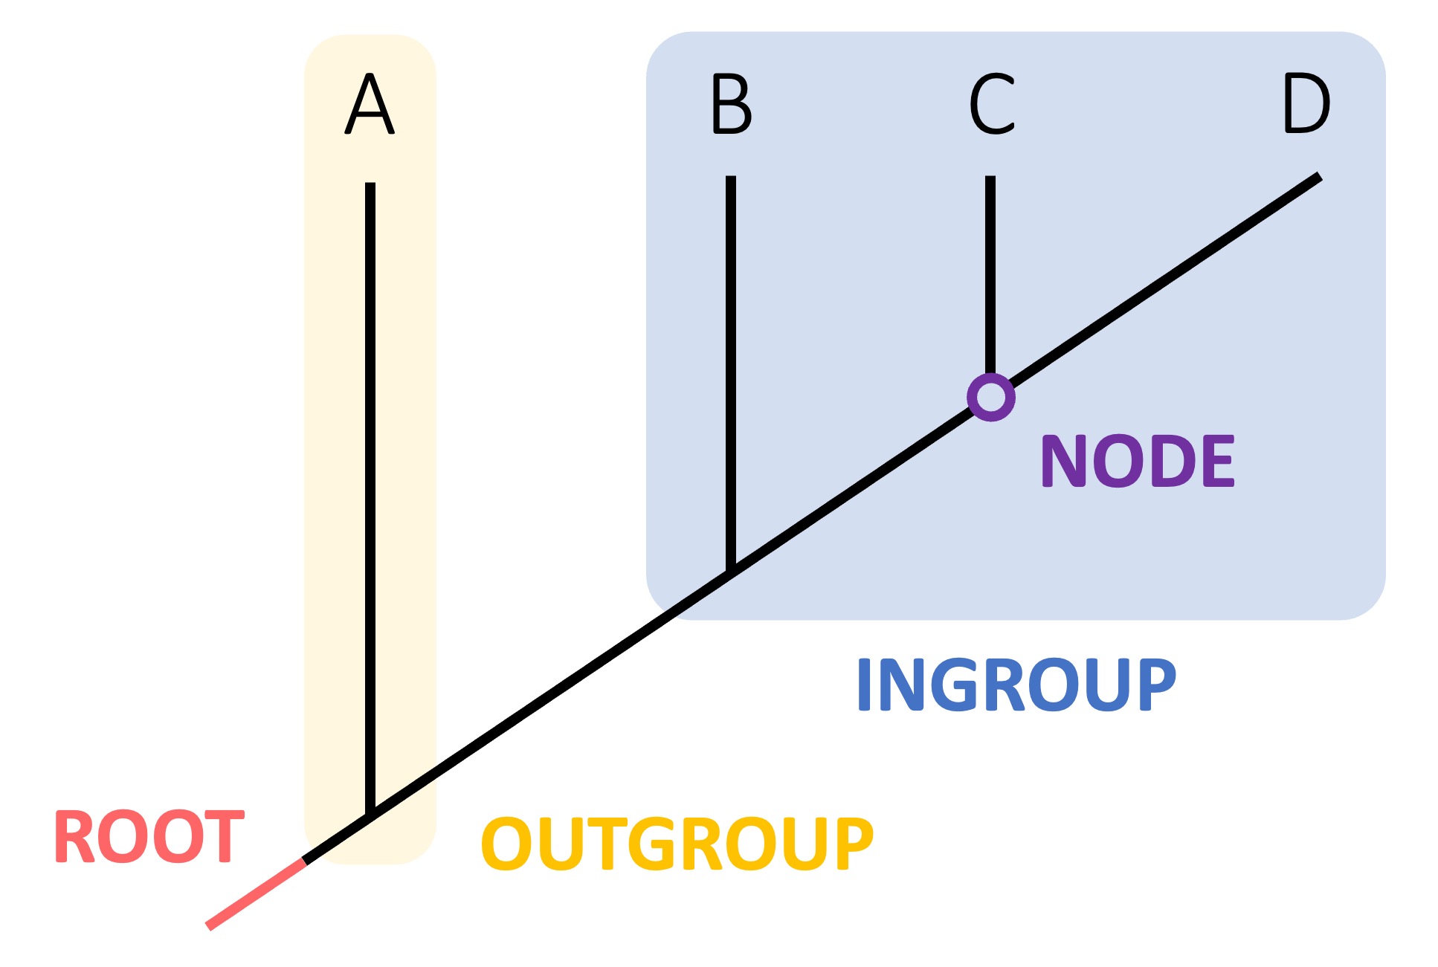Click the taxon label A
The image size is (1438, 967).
coord(370,104)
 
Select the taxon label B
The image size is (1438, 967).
coord(731,104)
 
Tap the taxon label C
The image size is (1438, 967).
coord(992,104)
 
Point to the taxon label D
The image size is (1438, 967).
coord(1306,104)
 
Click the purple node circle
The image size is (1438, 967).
coord(990,397)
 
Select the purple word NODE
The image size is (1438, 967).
coord(1138,462)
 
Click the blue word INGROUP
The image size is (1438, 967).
coord(1016,685)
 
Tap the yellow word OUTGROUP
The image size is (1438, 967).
coord(677,844)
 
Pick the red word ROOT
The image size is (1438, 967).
coord(149,838)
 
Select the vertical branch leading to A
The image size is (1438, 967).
coord(370,491)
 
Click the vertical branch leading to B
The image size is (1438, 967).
coord(731,372)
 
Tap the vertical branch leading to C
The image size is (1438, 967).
coord(990,275)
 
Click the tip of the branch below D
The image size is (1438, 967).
coord(1318,178)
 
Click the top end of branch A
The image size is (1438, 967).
coord(370,184)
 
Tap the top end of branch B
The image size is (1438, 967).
coord(731,178)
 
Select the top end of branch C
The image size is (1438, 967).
coord(990,178)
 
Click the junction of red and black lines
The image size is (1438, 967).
coord(304,861)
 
